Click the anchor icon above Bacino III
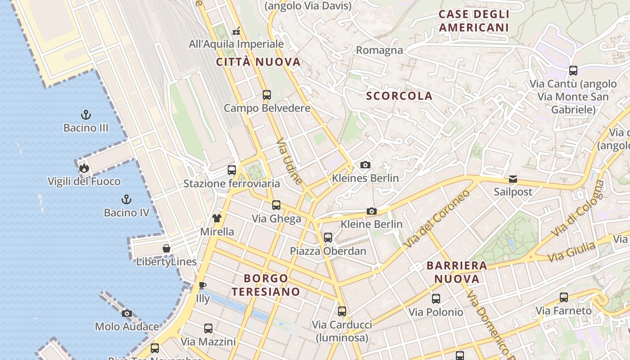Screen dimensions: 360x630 point(86,115)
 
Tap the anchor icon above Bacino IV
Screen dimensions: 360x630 point(126,199)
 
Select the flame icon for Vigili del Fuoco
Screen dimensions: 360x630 point(84,168)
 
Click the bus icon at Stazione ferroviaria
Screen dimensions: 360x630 point(232,170)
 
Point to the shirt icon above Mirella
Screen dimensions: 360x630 point(217,218)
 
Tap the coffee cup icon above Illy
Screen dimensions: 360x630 point(202,285)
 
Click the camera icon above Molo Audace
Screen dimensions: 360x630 point(127,313)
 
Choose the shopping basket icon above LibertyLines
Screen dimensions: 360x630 point(166,248)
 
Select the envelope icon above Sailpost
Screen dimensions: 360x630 point(513,179)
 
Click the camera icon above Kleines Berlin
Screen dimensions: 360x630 point(365,165)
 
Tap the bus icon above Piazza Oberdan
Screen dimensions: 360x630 point(328,237)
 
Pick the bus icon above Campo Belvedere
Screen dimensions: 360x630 point(267,95)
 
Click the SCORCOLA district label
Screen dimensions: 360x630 point(399,96)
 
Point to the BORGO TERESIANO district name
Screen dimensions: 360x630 point(266,285)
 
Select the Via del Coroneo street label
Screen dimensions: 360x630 point(436,219)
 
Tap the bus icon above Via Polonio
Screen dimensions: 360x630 point(436,298)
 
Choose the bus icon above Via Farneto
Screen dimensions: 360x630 point(563,297)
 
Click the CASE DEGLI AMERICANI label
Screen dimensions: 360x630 point(474,21)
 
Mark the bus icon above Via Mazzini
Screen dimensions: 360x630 point(208,328)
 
